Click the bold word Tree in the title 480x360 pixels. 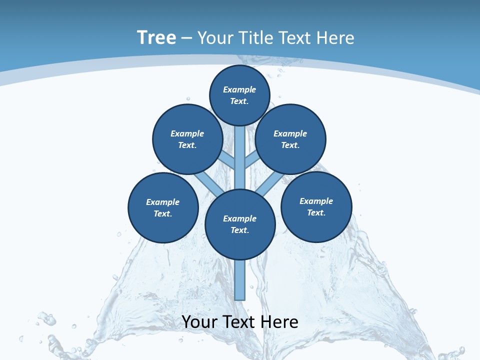point(156,38)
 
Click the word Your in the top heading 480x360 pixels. point(215,38)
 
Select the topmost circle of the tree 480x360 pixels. point(239,95)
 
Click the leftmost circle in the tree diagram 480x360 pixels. point(163,207)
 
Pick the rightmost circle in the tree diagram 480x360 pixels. point(316,206)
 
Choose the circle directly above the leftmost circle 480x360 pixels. point(187,139)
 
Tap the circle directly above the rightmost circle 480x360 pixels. point(290,139)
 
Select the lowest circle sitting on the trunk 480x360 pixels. point(240,224)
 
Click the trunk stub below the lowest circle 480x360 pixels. point(240,280)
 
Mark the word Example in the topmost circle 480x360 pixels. point(239,89)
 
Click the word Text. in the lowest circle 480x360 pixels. point(240,230)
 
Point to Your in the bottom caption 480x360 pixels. point(199,322)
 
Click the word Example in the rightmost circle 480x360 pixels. point(316,201)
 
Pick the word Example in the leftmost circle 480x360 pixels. point(163,202)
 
